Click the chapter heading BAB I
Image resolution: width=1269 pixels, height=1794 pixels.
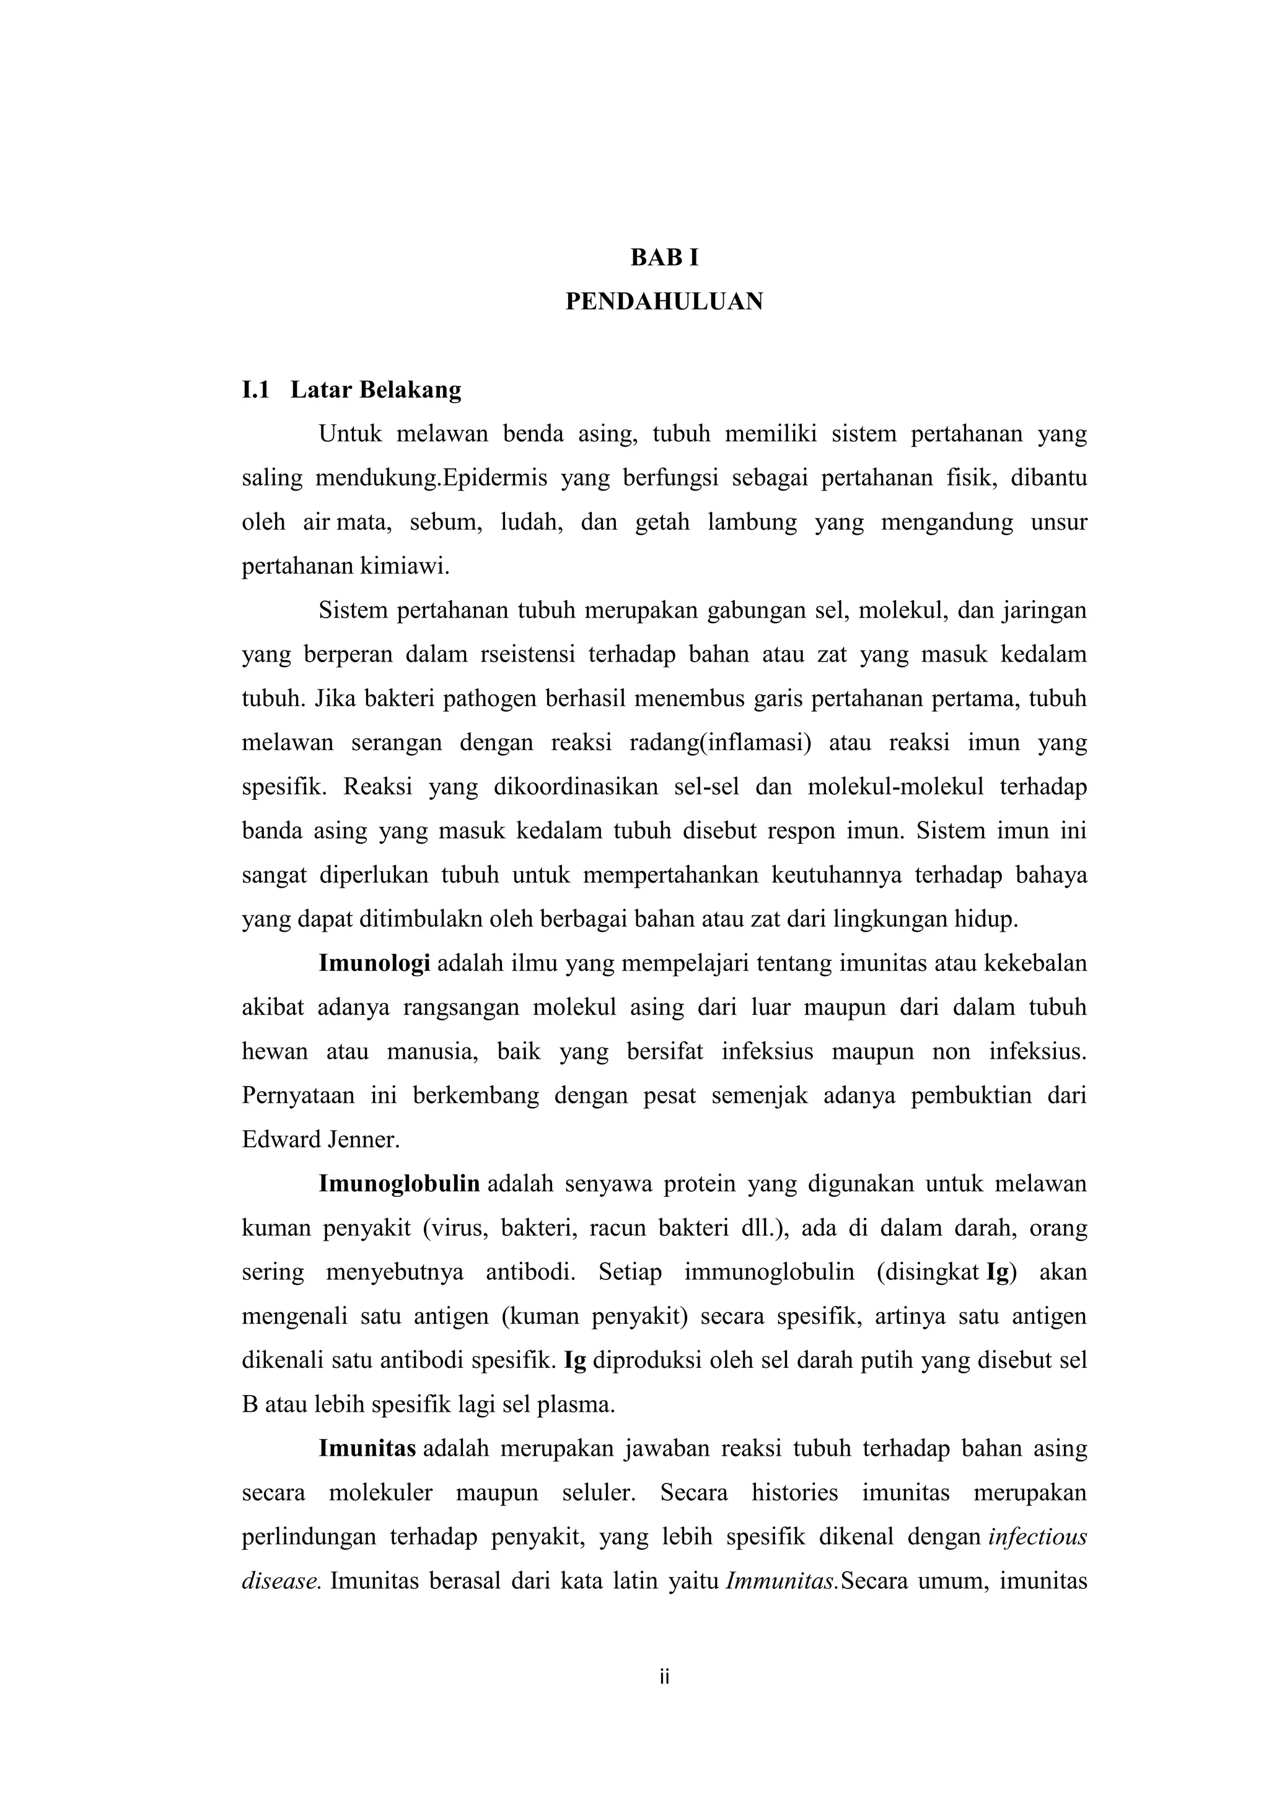(x=664, y=258)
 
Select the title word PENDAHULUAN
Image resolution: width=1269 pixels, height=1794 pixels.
(x=664, y=302)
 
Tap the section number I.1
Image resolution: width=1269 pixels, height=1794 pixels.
(x=255, y=389)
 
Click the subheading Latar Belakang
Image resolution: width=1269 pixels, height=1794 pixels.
(x=376, y=389)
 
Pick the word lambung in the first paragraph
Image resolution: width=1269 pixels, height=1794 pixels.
(x=752, y=522)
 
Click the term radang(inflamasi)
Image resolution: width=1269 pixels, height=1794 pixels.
(x=719, y=742)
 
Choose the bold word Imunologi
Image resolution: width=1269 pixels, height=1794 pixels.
(x=374, y=963)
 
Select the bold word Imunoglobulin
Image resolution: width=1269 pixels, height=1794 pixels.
(x=399, y=1184)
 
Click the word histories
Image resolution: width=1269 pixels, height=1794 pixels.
(x=795, y=1492)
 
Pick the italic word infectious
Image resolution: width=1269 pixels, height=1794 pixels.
(x=1038, y=1537)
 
